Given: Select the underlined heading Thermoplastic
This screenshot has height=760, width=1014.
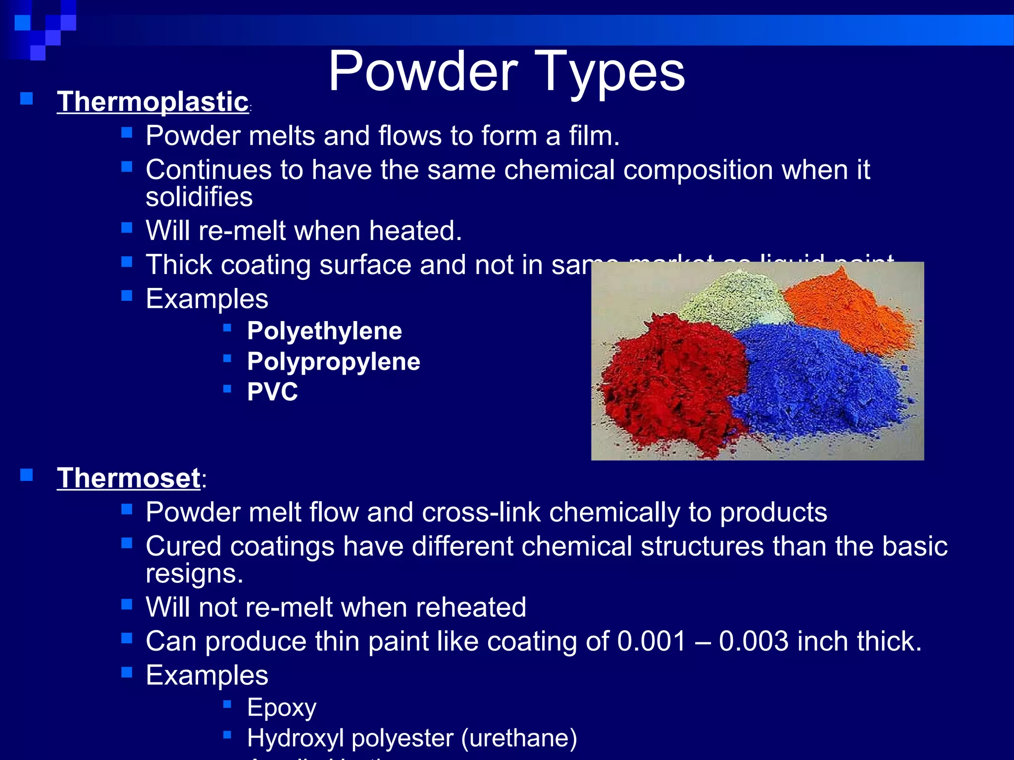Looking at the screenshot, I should (x=152, y=101).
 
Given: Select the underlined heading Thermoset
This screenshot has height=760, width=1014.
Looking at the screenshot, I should (x=129, y=478).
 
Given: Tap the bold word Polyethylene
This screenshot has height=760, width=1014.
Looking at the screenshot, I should (x=324, y=331).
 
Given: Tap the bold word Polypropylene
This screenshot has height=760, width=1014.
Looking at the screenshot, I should (x=333, y=361).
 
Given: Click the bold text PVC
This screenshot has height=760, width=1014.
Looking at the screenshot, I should (x=272, y=392).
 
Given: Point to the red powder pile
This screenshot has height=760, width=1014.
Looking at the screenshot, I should (x=668, y=386).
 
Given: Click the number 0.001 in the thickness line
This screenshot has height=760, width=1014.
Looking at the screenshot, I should (x=652, y=641).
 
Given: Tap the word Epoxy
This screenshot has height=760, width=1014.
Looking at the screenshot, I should (x=281, y=708).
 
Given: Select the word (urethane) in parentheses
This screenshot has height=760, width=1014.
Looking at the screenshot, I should (x=519, y=738).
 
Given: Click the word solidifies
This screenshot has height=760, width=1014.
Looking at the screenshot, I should (x=199, y=197).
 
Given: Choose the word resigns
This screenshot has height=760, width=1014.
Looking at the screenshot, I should (x=194, y=573).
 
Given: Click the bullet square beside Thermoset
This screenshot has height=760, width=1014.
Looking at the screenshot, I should (x=26, y=475).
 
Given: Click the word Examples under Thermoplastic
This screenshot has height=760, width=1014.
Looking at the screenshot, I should (x=207, y=299).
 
